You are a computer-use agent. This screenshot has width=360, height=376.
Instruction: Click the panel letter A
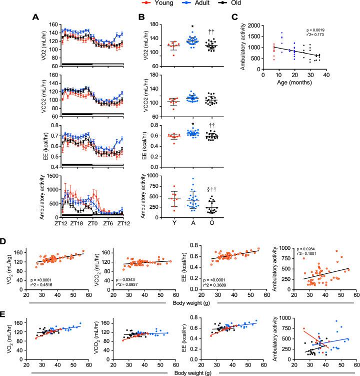click(34, 17)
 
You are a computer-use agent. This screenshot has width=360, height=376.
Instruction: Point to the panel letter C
click(248, 17)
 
